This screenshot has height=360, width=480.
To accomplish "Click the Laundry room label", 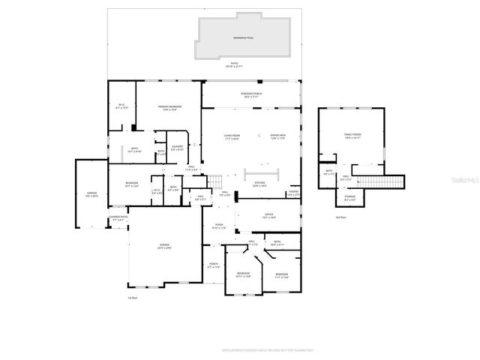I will click(x=177, y=148).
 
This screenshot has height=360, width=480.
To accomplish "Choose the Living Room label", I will click(x=231, y=137).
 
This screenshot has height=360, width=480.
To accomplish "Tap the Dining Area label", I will click(x=278, y=137).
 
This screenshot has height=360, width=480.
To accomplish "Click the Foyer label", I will click(x=218, y=226).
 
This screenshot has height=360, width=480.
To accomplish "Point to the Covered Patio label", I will click(x=118, y=218).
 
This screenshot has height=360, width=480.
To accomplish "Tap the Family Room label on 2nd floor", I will click(x=352, y=136).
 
